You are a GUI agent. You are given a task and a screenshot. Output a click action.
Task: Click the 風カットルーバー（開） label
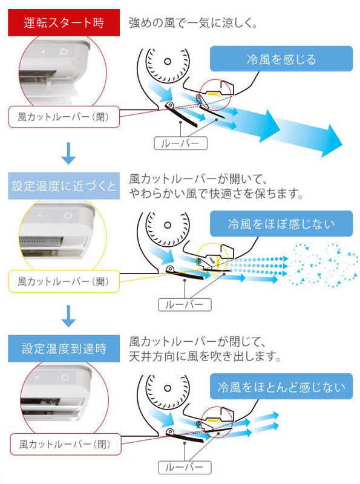pyautogui.click(x=64, y=281)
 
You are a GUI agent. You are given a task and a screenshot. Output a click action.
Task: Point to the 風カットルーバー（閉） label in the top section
pyautogui.click(x=64, y=117)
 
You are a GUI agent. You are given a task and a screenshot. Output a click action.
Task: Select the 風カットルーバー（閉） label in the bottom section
pyautogui.click(x=64, y=443)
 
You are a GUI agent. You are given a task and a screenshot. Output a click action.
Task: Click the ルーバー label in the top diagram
pyautogui.click(x=181, y=143)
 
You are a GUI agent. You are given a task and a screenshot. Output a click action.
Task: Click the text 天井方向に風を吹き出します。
pyautogui.click(x=205, y=357)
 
